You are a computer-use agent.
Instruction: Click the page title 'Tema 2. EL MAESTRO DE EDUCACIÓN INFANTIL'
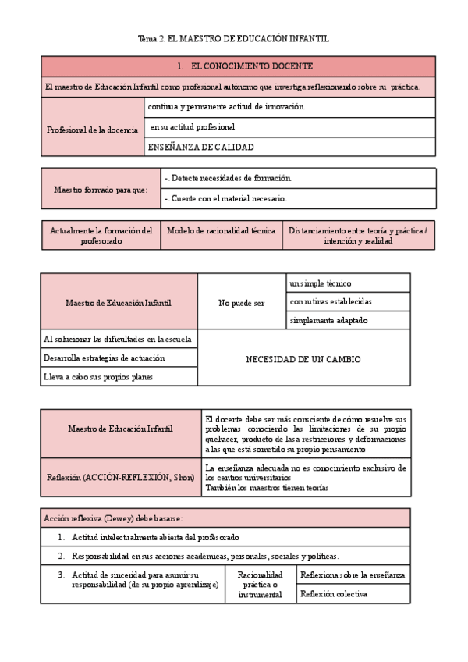233,38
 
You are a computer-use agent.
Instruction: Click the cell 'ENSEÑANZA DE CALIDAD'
200,147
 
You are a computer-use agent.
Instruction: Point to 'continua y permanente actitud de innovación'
226,106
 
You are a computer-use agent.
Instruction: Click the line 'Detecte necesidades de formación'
228,178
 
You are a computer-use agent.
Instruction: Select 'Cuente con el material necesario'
226,198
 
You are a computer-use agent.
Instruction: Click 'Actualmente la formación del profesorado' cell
101,236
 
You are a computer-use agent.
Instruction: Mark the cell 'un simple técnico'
320,283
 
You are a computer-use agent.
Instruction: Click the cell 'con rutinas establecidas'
331,301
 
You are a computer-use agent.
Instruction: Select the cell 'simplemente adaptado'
328,320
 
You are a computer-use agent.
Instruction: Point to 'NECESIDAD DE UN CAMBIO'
303,359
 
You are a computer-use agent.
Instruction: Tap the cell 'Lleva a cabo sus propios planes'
98,377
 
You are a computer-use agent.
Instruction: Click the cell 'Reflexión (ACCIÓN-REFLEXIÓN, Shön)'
121,477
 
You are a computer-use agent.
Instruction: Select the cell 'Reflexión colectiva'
334,594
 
